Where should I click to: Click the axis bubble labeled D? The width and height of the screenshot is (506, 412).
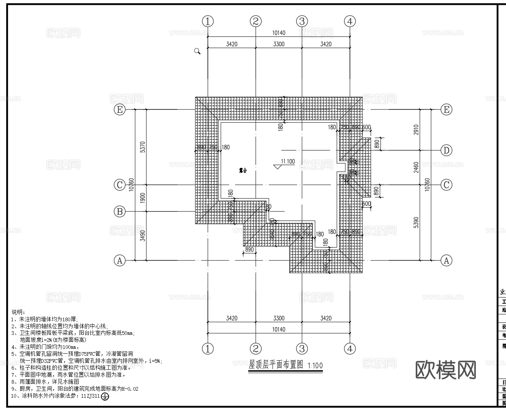coord(446,150)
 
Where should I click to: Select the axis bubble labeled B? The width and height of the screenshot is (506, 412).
coord(119,212)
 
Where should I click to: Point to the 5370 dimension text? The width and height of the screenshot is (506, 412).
coord(143,147)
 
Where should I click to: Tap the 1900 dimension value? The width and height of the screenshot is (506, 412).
coord(143,198)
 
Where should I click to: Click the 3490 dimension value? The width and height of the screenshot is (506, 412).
coord(143,236)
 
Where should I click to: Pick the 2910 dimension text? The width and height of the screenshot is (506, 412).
coord(416,130)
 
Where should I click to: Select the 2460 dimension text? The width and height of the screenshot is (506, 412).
coord(416,167)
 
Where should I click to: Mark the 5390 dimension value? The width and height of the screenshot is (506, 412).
coord(416,223)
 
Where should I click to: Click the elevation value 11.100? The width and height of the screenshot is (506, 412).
coord(288,161)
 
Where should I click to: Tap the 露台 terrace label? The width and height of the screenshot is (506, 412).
coord(243,171)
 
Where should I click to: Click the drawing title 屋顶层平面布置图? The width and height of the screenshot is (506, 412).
coord(276,365)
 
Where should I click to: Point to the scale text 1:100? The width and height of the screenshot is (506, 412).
coord(315,366)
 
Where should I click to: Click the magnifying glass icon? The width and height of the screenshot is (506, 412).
coord(197,51)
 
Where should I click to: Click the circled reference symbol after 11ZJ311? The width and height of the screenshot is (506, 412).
coord(105,397)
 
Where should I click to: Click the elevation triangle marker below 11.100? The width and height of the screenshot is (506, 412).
coord(278,166)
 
